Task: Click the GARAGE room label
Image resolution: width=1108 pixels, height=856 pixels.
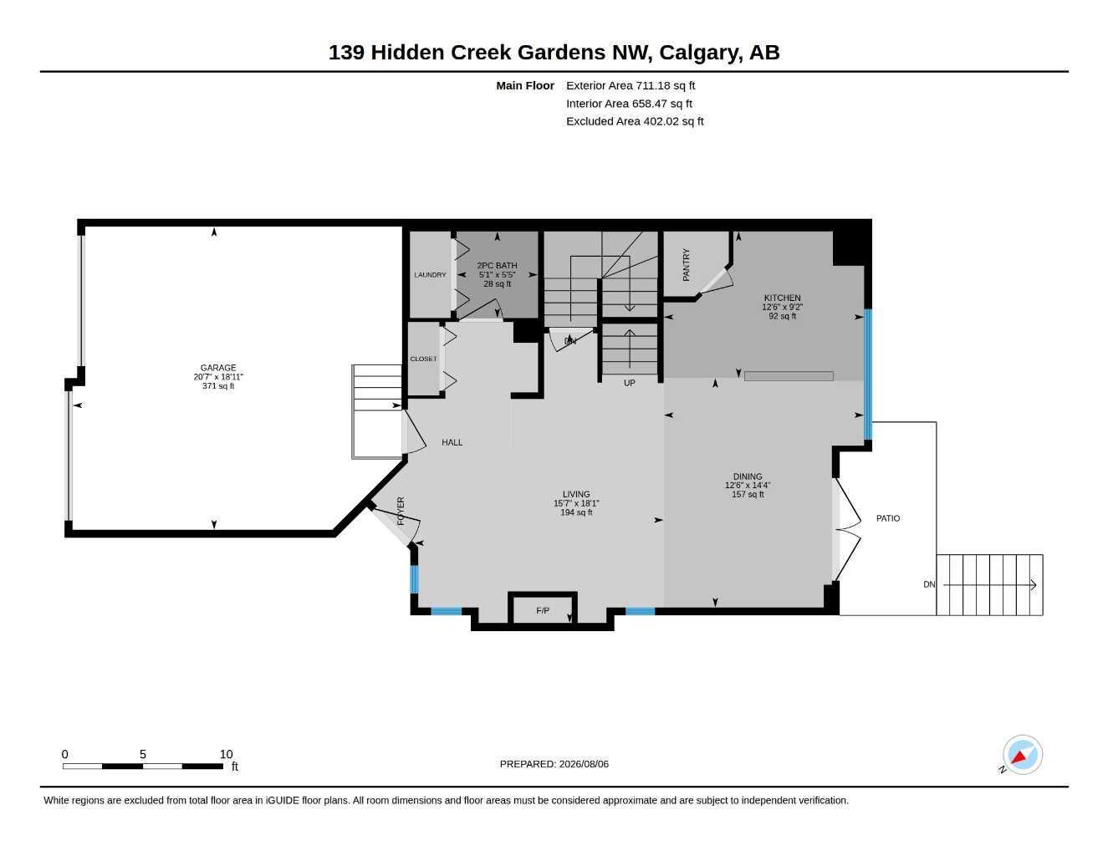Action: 218,368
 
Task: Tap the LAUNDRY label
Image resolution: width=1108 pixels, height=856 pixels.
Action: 430,275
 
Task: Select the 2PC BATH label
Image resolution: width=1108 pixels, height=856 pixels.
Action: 498,266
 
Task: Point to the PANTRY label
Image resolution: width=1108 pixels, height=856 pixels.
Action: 687,265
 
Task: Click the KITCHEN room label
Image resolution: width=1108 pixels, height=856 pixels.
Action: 782,298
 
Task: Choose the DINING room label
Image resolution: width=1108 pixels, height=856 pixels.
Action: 748,477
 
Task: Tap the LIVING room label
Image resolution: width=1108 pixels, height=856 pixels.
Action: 576,494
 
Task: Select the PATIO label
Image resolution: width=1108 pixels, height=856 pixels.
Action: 888,518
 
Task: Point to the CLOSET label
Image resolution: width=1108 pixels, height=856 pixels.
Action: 423,359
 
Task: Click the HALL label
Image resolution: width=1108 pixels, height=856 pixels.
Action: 452,443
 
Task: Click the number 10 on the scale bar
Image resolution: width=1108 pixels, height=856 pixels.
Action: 226,755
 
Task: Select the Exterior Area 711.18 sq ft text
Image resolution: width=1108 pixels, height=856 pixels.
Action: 631,85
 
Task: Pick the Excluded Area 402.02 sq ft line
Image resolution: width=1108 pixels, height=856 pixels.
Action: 635,121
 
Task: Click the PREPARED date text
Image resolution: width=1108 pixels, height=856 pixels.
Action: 554,764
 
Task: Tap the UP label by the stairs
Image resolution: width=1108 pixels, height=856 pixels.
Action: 630,383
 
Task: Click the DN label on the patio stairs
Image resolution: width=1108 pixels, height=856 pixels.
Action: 929,585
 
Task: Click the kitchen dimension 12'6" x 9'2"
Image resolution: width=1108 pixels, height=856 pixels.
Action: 782,308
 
